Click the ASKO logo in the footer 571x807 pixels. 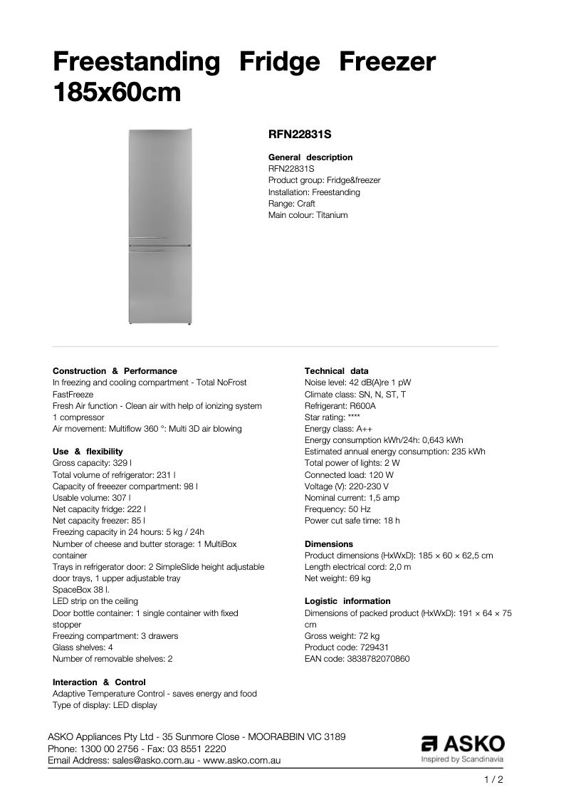coord(463,744)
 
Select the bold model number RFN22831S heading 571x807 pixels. coord(300,133)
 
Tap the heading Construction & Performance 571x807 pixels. coord(115,371)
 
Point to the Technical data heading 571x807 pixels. coord(337,371)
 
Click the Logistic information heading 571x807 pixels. coord(347,601)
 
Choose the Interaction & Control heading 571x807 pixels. coord(99,682)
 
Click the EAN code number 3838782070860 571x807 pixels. coord(379,659)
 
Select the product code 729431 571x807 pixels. coord(374,647)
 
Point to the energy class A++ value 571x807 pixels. coord(364,429)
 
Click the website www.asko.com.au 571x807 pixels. coord(243,760)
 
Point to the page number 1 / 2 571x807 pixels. coord(493,780)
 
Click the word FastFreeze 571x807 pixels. coord(73,394)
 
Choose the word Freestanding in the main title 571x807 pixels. coord(137,63)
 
